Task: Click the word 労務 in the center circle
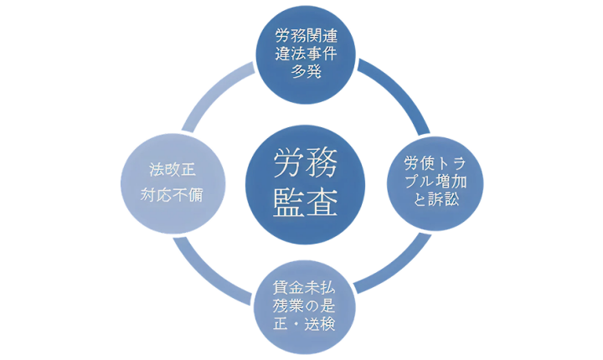click(305, 164)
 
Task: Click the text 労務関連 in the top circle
click(306, 37)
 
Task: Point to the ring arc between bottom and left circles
click(216, 266)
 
